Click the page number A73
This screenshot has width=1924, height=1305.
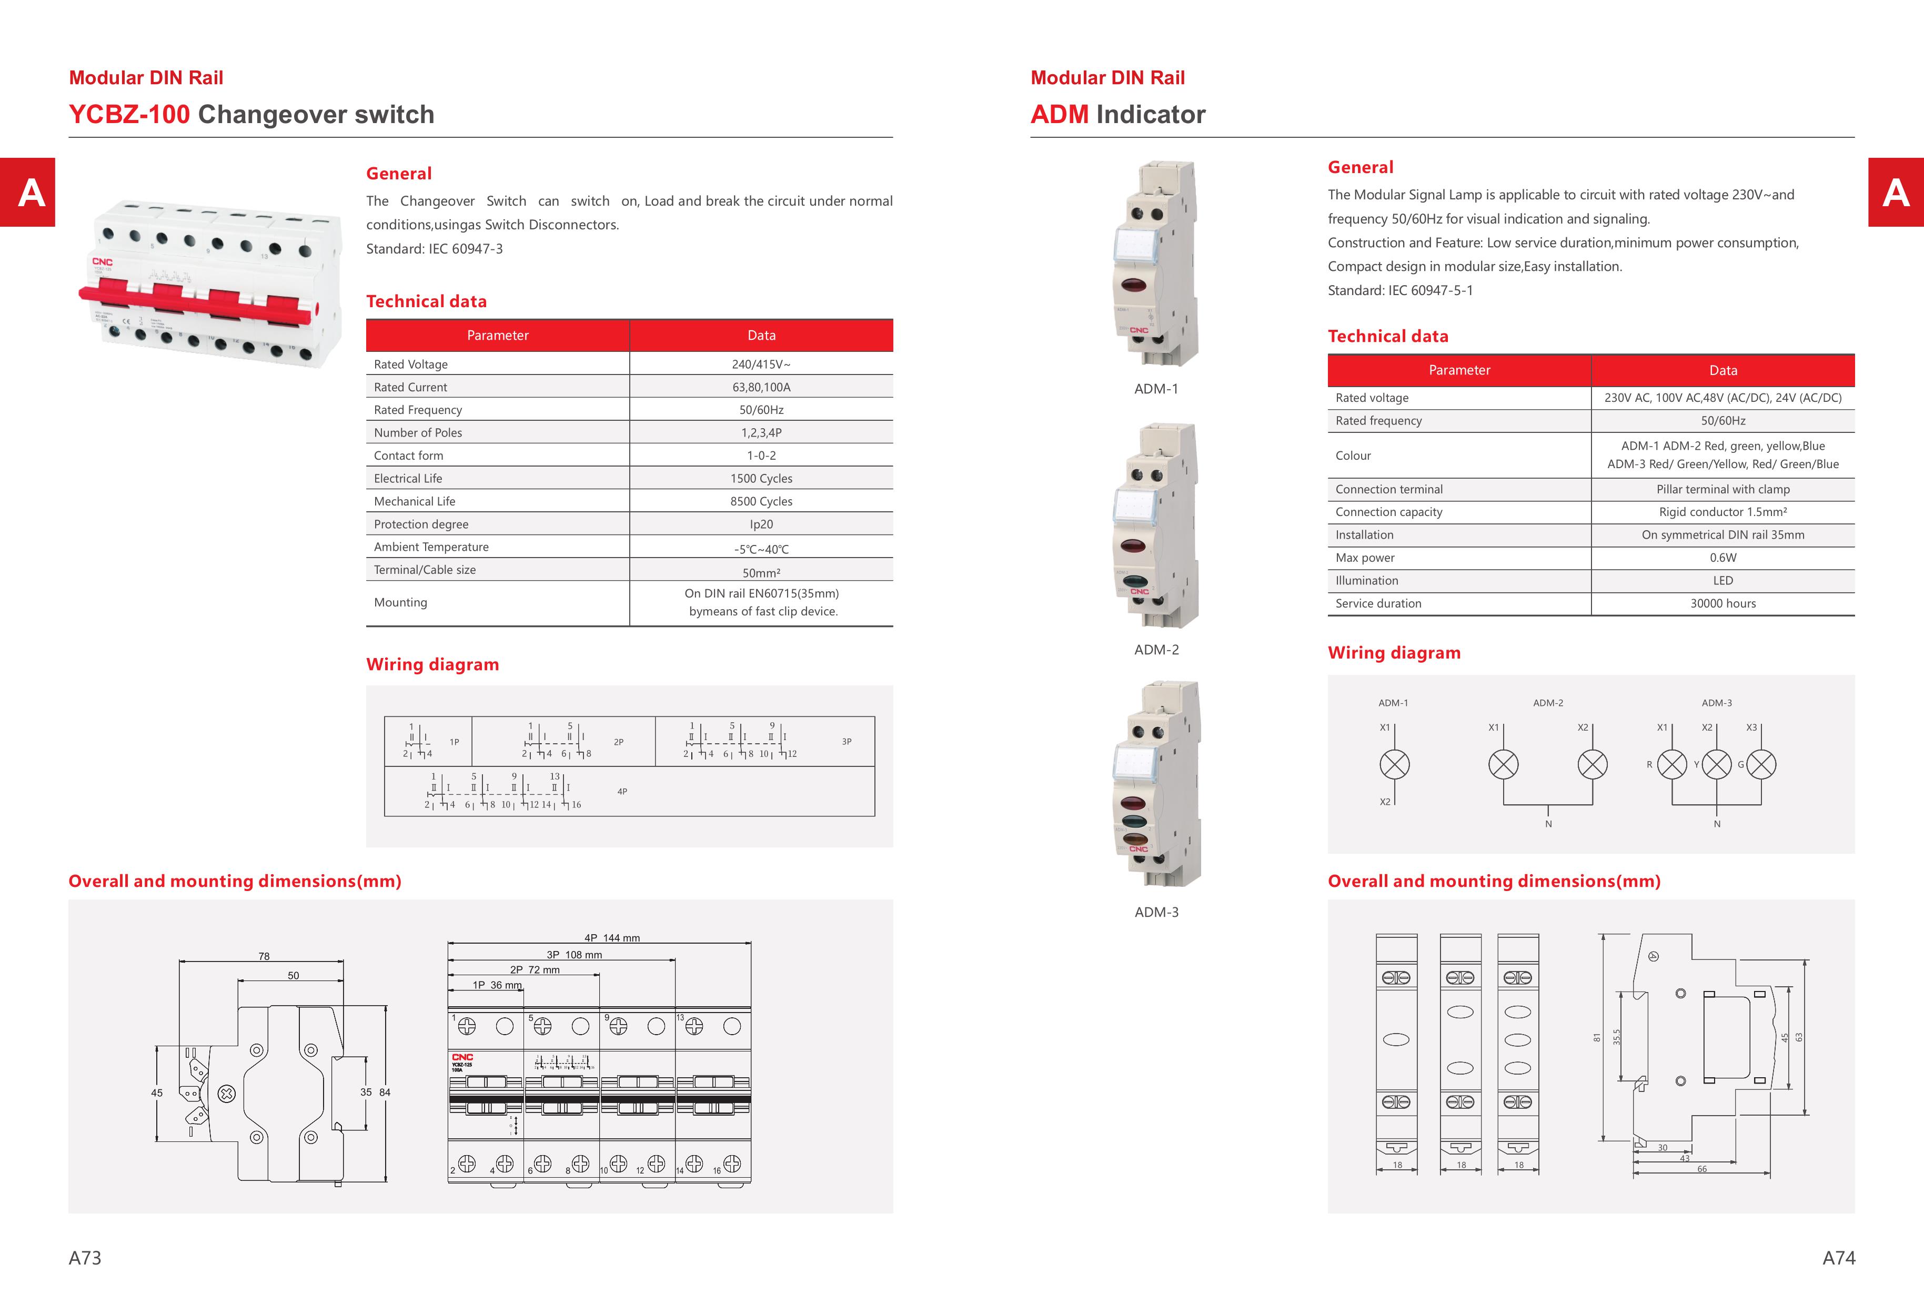click(x=85, y=1258)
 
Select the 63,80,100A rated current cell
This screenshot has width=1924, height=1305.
click(x=761, y=387)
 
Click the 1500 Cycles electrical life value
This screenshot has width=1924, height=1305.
click(x=761, y=478)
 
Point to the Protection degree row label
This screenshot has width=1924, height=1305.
click(x=420, y=524)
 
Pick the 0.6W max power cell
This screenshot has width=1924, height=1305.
click(x=1723, y=558)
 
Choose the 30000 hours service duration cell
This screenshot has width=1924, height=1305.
click(x=1723, y=603)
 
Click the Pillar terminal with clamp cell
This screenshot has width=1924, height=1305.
click(x=1723, y=489)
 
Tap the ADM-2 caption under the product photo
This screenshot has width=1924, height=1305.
click(x=1156, y=650)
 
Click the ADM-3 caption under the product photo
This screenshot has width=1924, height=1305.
click(x=1156, y=912)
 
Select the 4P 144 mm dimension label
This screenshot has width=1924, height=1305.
click(x=612, y=937)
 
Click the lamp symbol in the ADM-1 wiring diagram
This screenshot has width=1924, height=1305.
click(x=1394, y=764)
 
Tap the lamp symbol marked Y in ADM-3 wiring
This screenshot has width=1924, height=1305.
click(x=1716, y=764)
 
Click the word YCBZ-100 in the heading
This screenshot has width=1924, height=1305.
click(x=129, y=114)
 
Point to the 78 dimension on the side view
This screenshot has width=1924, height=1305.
click(x=264, y=956)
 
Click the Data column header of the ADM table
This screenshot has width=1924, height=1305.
click(x=1723, y=370)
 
